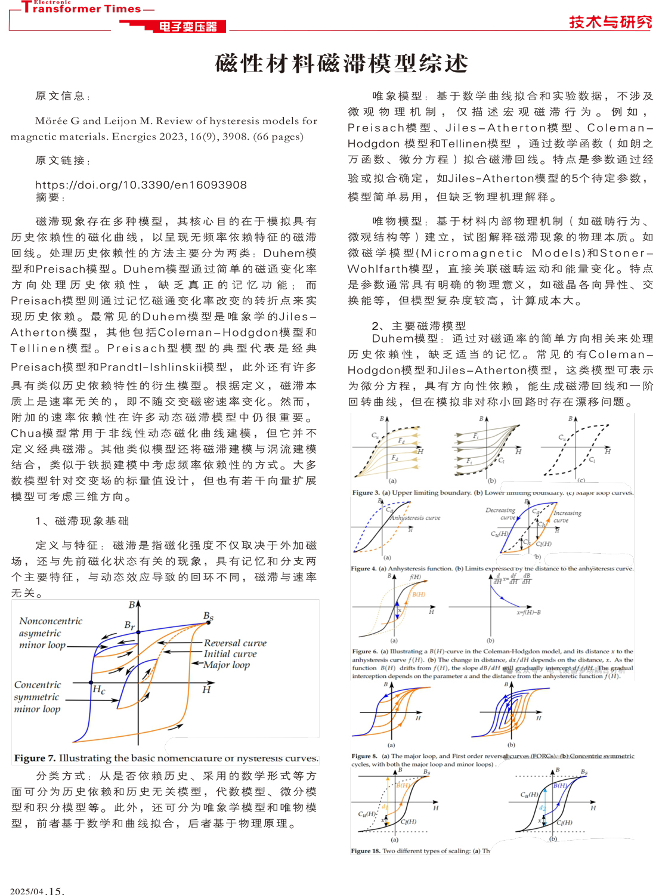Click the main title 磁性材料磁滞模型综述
tap(341, 63)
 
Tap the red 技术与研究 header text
tap(610, 22)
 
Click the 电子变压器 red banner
tap(187, 27)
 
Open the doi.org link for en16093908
tap(141, 185)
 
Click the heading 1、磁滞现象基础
tap(82, 521)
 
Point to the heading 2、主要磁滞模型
tap(419, 326)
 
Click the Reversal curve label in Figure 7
tap(235, 643)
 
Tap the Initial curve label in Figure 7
tap(230, 654)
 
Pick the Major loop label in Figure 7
tap(227, 665)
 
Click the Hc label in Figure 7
tap(99, 690)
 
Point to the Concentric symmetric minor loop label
tap(38, 697)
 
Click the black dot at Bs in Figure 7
tap(209, 623)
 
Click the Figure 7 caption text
tap(166, 758)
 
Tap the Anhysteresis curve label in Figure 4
tap(415, 518)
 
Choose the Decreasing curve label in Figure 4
tap(500, 514)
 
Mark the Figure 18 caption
tap(420, 851)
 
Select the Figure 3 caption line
tap(493, 493)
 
